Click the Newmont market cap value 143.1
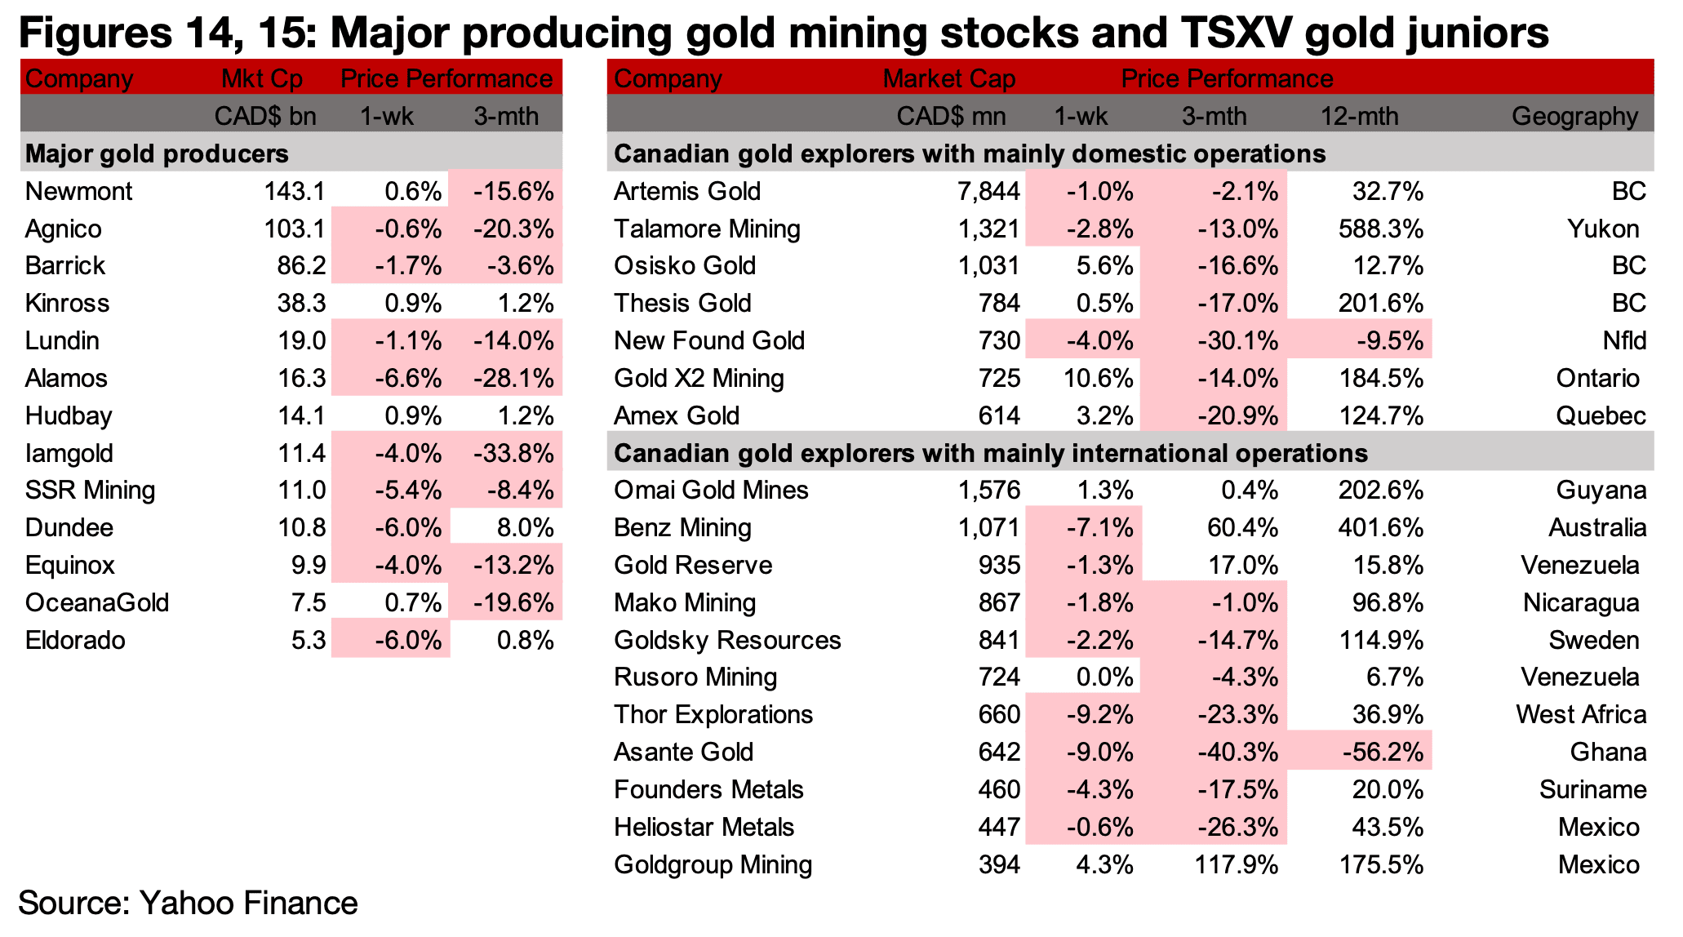point(295,191)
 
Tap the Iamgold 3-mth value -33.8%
point(513,453)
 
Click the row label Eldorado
point(75,640)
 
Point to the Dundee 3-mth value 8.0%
point(525,527)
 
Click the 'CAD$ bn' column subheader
point(265,116)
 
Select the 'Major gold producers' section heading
point(157,153)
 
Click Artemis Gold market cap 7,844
point(988,191)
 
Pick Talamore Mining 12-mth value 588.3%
point(1381,229)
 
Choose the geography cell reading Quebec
point(1601,415)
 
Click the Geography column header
point(1574,116)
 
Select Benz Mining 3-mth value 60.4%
point(1242,527)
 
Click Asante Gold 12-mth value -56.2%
point(1383,752)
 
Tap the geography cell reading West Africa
point(1581,714)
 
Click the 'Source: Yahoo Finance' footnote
point(188,903)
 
